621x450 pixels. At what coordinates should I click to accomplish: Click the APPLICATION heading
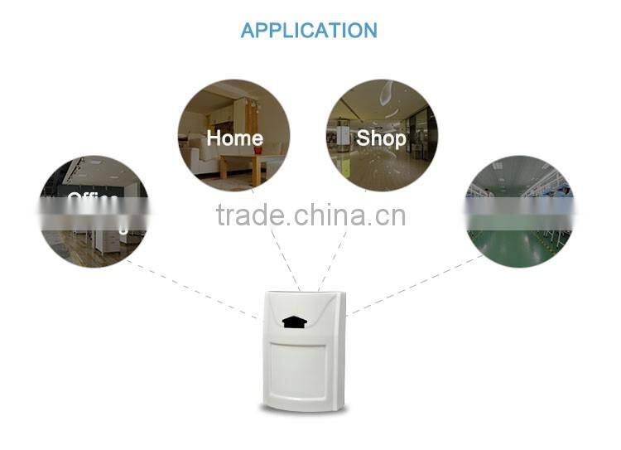309,31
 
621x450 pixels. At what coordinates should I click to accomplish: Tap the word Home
234,138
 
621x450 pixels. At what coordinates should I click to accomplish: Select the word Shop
381,138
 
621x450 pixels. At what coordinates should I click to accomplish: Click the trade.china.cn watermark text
310,215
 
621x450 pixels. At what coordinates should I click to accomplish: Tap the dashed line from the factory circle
414,286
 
